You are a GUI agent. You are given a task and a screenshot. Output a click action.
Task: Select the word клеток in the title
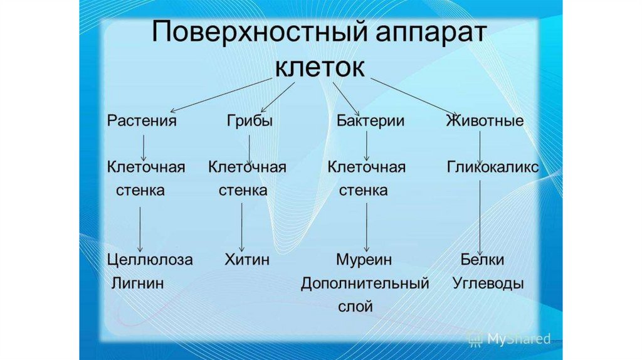pos(320,66)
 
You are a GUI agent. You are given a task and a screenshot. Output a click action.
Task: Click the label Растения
pos(141,121)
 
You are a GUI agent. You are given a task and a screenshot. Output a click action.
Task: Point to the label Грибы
pos(250,121)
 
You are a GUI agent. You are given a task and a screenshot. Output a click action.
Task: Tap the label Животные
pos(485,121)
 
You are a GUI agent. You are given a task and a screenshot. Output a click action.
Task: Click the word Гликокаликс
pos(493,167)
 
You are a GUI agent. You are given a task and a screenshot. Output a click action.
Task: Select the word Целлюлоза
pos(150,260)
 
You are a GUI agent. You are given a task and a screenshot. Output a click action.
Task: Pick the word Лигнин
pos(137,283)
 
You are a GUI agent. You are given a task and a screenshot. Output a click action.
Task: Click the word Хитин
pos(247,260)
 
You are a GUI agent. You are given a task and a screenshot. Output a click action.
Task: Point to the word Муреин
pos(364,260)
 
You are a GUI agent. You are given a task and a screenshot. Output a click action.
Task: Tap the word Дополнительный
pos(365,283)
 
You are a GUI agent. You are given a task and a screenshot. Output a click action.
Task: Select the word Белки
pos(482,260)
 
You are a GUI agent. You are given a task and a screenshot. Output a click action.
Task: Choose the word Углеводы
pos(488,283)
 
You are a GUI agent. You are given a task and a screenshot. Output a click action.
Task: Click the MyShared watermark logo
pos(508,339)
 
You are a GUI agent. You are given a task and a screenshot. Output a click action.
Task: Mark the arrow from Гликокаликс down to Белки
pos(480,216)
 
